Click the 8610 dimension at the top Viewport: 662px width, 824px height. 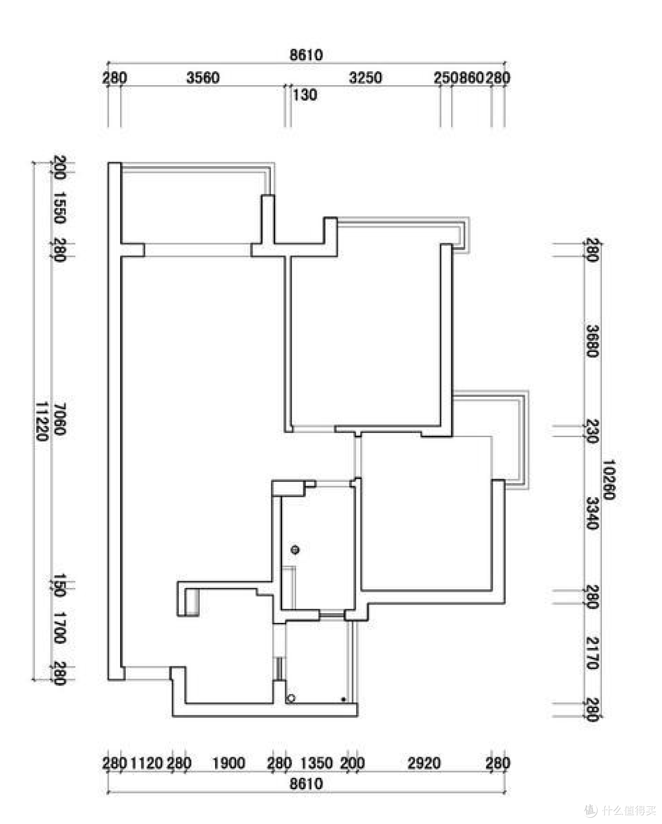point(306,55)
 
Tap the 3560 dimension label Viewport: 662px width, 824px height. point(203,78)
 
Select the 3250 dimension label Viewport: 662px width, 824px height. point(365,78)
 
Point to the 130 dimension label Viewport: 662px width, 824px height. point(305,95)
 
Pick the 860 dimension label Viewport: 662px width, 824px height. point(472,78)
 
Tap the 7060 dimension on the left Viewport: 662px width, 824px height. point(59,419)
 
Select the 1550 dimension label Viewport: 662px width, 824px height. point(59,207)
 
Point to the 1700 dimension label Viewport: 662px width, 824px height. point(59,628)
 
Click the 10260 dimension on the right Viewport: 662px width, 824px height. point(609,479)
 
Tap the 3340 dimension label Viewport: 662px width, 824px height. point(592,513)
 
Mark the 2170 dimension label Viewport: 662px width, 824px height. point(592,653)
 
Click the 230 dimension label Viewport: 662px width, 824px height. point(592,431)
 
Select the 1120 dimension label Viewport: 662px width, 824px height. point(146,763)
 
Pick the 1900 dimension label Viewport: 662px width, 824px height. point(229,763)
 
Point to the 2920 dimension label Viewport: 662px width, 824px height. point(424,763)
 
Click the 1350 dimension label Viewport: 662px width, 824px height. point(316,763)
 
